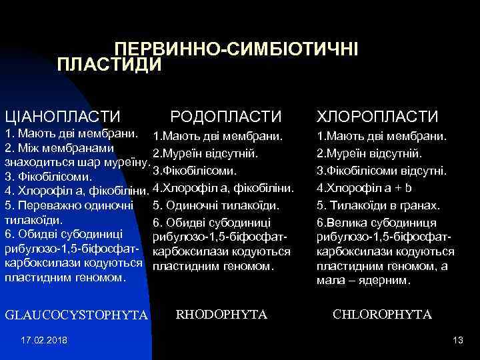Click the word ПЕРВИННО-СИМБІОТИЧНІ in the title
pos(236,49)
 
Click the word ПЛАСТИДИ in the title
pos(110,65)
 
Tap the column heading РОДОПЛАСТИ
pos(226,117)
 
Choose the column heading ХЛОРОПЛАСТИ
pos(377,117)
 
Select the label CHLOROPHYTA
pos(381,314)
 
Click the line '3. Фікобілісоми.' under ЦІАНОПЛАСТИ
pos(48,177)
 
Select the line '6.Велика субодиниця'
pos(377,222)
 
